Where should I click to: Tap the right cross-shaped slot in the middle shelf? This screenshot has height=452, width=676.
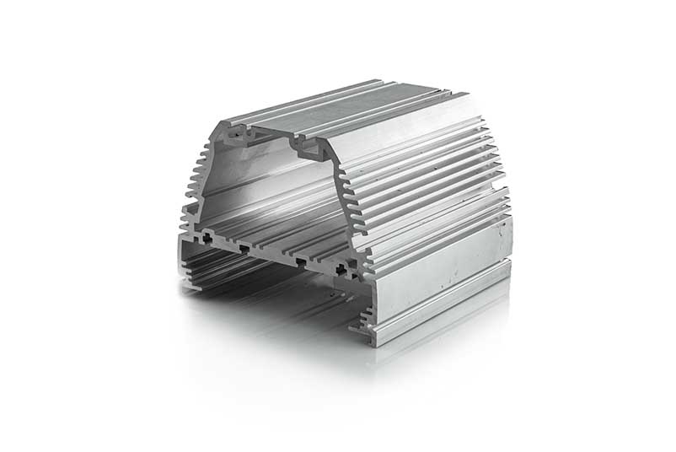pos(341,269)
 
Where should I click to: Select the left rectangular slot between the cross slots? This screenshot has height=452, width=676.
pos(244,249)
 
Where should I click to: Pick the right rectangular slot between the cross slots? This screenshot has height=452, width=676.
pos(300,261)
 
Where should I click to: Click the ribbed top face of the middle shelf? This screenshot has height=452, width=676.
pos(278,236)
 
